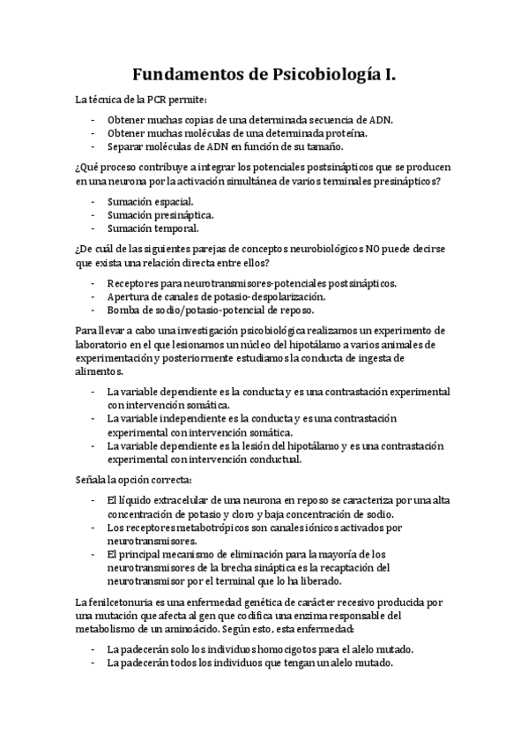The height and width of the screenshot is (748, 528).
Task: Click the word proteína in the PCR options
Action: point(346,133)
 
